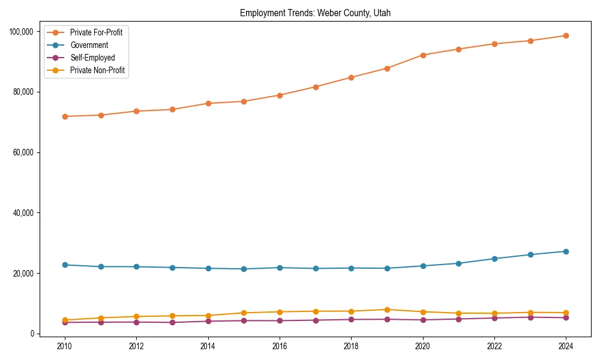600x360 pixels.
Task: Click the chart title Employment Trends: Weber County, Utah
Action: point(315,13)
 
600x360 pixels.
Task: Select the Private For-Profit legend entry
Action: point(96,32)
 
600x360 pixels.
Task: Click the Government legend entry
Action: point(89,45)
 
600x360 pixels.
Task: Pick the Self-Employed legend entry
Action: point(92,58)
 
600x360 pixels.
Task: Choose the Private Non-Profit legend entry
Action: point(98,70)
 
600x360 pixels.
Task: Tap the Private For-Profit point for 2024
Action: point(566,35)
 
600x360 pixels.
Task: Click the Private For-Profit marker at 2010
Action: point(65,116)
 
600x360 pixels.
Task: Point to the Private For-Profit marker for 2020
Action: point(423,55)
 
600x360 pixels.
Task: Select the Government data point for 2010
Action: point(65,265)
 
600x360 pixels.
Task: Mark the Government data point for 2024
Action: point(566,251)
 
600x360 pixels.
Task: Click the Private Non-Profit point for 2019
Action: point(387,310)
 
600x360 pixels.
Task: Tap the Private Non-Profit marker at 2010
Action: point(65,320)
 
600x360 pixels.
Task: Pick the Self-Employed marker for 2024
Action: point(566,317)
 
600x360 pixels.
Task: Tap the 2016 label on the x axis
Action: point(280,346)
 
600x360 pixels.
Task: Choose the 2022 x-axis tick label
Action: point(494,346)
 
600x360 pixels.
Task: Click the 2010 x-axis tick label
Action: point(65,346)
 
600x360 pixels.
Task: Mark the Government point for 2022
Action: point(494,259)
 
